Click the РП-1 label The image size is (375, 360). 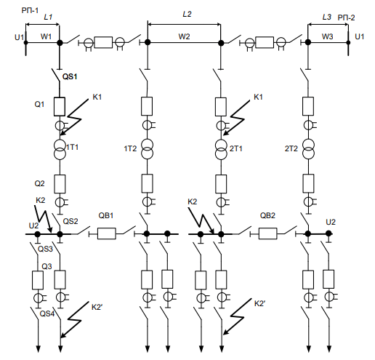[x=30, y=10]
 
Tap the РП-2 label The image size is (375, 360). [x=346, y=17]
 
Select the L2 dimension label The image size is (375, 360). [x=187, y=14]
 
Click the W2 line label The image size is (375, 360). [x=184, y=36]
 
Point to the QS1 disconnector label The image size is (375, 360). [x=70, y=76]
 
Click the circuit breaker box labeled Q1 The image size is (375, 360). [x=60, y=107]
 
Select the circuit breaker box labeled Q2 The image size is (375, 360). [x=60, y=184]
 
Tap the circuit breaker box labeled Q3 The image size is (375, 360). [x=38, y=280]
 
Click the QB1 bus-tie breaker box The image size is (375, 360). [x=107, y=233]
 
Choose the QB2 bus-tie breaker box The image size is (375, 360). [x=268, y=233]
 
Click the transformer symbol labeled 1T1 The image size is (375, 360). [x=60, y=149]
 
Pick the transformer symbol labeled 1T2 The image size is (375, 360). [x=148, y=149]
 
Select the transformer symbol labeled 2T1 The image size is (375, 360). [x=221, y=150]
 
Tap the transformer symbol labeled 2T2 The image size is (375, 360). [x=308, y=149]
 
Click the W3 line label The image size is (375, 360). [x=327, y=36]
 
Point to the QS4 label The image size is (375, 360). [x=47, y=313]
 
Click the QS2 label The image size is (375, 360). [x=70, y=221]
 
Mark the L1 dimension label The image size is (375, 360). [x=48, y=17]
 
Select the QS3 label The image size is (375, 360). [x=45, y=249]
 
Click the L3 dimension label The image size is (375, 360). [x=327, y=17]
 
